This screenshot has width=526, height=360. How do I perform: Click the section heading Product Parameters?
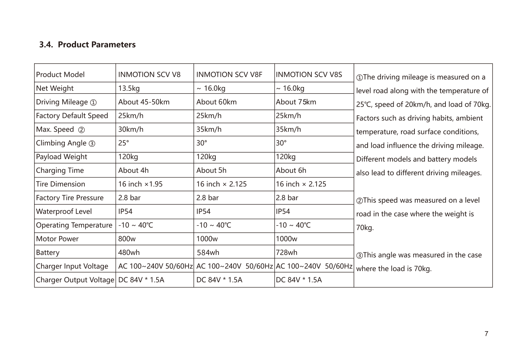(x=87, y=45)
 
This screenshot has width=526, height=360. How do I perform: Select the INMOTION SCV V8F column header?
(x=229, y=75)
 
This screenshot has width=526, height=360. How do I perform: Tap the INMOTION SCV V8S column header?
(x=309, y=75)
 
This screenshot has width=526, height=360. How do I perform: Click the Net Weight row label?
(x=55, y=88)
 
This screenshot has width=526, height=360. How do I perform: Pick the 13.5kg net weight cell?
(x=129, y=88)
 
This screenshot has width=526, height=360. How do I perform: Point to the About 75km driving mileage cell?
(x=296, y=102)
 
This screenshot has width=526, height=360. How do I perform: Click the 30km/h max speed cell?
(x=131, y=130)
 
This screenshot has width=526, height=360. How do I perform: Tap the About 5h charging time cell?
(x=211, y=171)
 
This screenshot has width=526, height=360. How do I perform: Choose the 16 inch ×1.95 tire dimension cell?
(x=140, y=184)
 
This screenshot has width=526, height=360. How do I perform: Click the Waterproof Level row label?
(x=64, y=211)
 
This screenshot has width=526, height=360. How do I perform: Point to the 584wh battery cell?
(x=208, y=253)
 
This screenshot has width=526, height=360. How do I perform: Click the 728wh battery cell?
(x=286, y=253)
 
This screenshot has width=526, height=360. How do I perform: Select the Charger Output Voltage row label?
(x=75, y=280)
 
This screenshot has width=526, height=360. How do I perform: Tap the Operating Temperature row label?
(x=74, y=225)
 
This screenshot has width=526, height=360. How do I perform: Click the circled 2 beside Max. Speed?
(x=81, y=130)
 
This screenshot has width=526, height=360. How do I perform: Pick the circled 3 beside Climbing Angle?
(x=92, y=144)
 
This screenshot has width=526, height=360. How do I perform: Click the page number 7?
(x=486, y=334)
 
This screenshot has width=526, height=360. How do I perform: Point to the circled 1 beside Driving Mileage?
(x=93, y=103)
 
